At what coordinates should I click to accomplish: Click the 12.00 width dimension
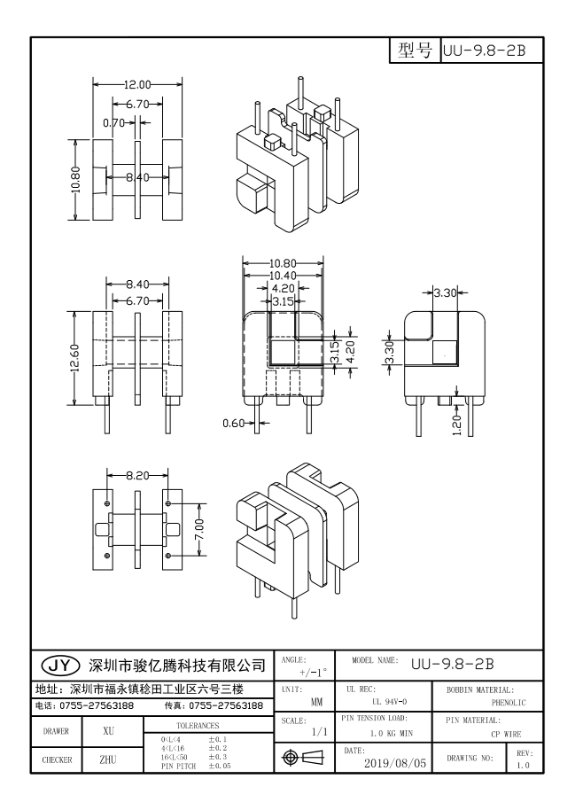click(x=137, y=84)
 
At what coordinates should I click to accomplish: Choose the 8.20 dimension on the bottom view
click(x=137, y=475)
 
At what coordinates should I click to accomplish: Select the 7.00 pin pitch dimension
click(x=201, y=531)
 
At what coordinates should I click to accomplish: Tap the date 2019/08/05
click(x=396, y=760)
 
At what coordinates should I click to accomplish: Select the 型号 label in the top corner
click(x=414, y=50)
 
